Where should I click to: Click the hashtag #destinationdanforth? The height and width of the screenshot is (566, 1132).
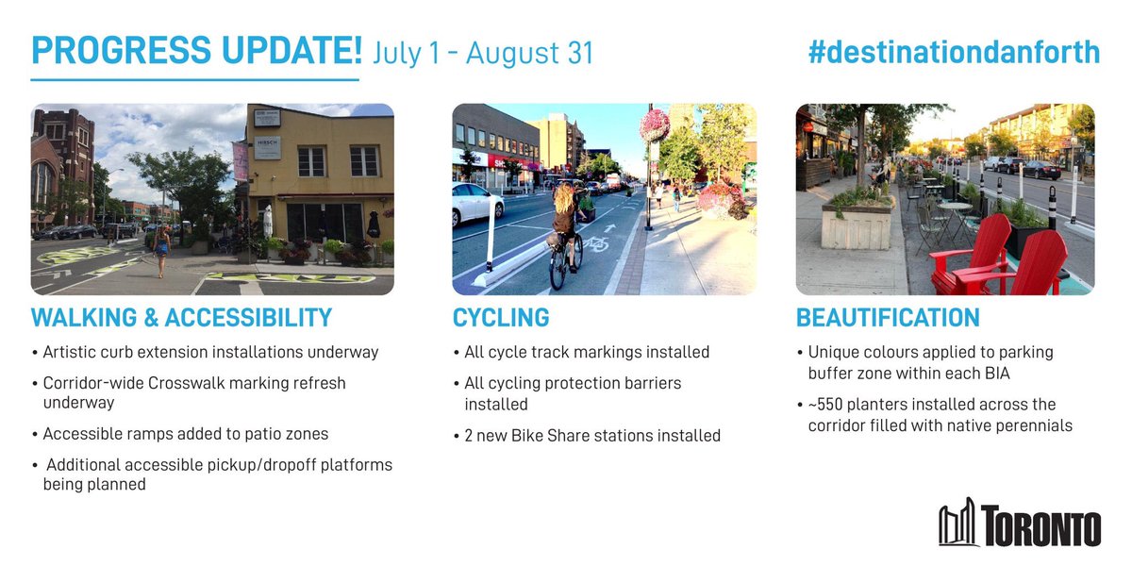pyautogui.click(x=954, y=53)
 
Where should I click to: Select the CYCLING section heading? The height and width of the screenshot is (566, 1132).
pyautogui.click(x=500, y=317)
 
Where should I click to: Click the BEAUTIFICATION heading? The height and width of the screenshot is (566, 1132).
pyautogui.click(x=888, y=317)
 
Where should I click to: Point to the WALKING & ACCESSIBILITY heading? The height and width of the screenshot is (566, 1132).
pyautogui.click(x=181, y=317)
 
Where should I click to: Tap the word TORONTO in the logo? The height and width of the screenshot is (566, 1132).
pyautogui.click(x=1040, y=526)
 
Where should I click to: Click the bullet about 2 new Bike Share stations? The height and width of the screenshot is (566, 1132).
pyautogui.click(x=591, y=436)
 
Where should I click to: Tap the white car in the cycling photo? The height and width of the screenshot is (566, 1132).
pyautogui.click(x=477, y=205)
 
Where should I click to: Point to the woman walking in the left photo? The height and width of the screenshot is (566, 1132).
pyautogui.click(x=162, y=248)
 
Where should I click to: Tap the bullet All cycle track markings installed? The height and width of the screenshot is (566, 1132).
pyautogui.click(x=586, y=352)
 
